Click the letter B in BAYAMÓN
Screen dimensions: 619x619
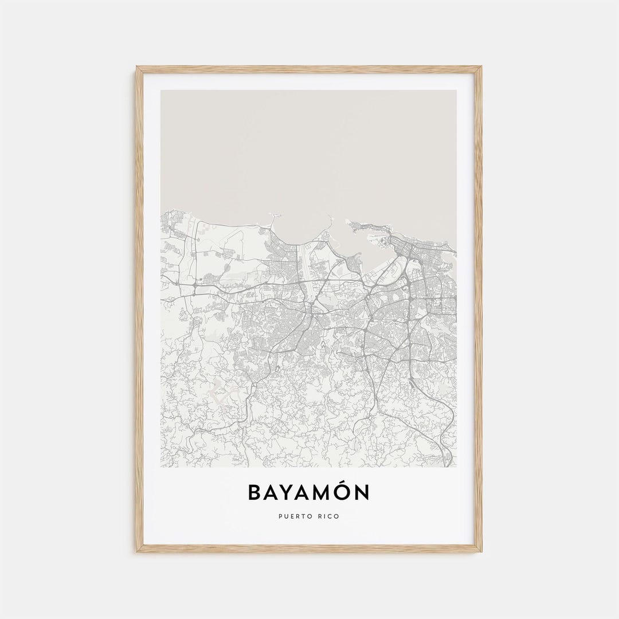(256, 492)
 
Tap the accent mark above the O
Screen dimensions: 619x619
(345, 483)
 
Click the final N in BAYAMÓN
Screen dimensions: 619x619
(363, 492)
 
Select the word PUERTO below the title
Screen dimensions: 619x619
(292, 516)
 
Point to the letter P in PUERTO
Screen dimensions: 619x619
(280, 516)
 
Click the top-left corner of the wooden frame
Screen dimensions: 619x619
(138, 68)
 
